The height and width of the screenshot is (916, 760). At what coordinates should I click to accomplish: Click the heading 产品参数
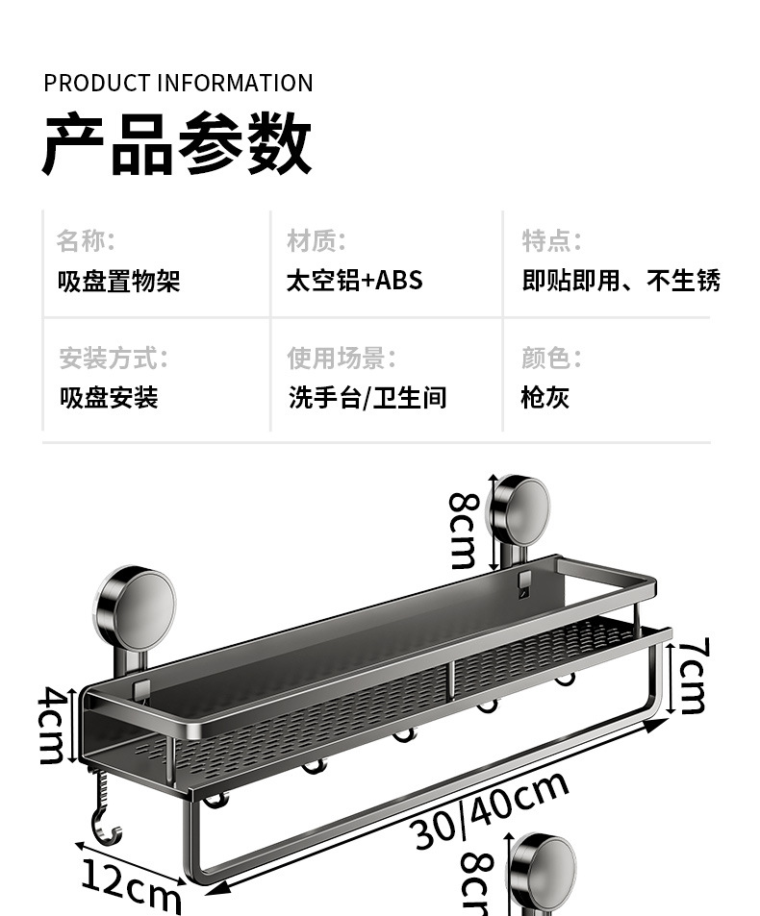(177, 145)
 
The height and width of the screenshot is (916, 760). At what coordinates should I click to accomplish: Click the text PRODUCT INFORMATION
(178, 84)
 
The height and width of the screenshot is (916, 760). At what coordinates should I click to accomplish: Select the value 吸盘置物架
(119, 281)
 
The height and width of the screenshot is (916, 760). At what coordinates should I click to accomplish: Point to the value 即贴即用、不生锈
(621, 281)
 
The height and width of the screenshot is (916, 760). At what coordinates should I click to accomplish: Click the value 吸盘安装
(109, 397)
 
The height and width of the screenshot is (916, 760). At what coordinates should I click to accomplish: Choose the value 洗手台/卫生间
(367, 397)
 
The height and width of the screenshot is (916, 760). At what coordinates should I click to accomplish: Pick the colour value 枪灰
(545, 397)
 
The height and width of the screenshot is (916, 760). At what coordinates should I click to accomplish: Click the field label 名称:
(86, 240)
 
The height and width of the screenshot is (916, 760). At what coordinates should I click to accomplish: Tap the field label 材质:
(316, 240)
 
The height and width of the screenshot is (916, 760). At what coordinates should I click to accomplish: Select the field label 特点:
(551, 240)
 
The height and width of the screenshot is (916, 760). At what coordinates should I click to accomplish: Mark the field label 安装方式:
(114, 359)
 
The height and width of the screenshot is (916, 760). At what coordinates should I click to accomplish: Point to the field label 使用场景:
(342, 359)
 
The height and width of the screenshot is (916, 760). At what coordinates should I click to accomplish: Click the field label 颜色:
(551, 359)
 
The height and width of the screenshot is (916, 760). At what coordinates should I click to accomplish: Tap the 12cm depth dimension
(131, 885)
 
